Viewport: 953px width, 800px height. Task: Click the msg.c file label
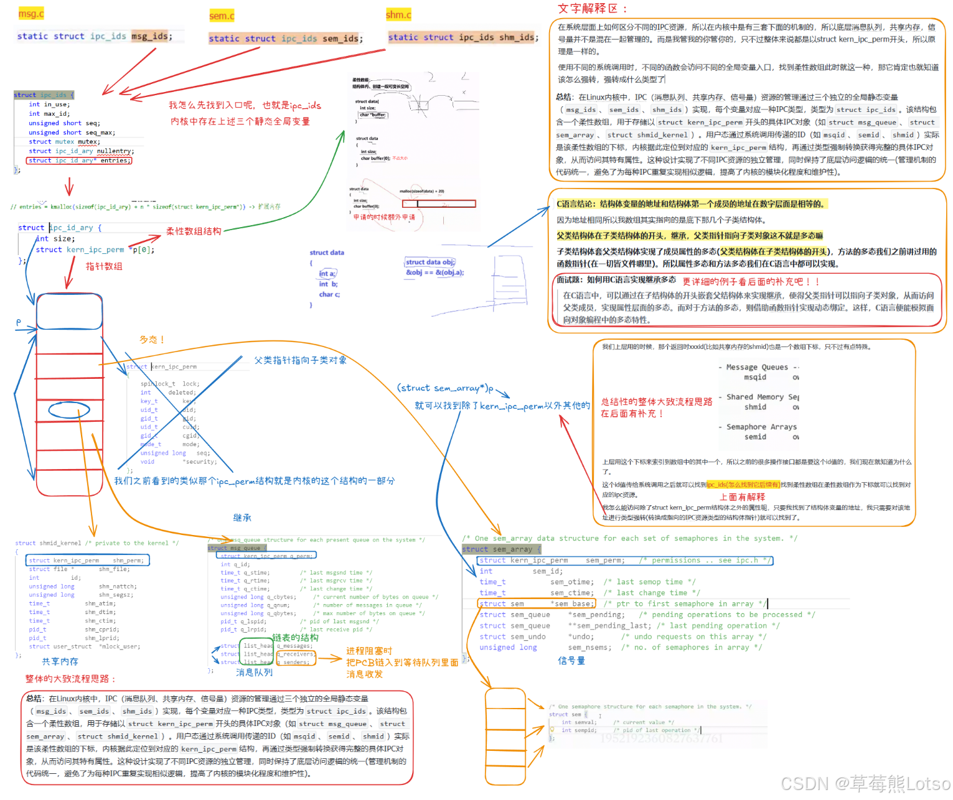(x=31, y=14)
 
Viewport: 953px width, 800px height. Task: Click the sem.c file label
(x=222, y=16)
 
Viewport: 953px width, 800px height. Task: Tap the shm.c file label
(x=398, y=15)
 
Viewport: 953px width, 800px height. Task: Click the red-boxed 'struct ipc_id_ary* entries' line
(x=79, y=160)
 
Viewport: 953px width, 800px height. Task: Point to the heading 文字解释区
(x=592, y=9)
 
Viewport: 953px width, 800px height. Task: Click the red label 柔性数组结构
(x=194, y=231)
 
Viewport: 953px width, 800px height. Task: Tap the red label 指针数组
(x=104, y=266)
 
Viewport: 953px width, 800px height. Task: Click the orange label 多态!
(x=152, y=340)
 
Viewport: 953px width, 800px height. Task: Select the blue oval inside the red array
(x=69, y=410)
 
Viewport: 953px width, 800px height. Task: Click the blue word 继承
(x=242, y=518)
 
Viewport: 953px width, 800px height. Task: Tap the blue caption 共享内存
(x=60, y=661)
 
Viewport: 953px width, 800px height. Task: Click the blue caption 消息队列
(x=254, y=672)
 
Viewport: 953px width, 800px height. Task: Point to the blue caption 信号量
(x=571, y=661)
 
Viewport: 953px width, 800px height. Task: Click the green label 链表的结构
(x=295, y=638)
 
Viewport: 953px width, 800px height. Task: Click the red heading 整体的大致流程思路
(x=70, y=679)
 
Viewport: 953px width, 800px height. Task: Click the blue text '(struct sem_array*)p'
(x=445, y=388)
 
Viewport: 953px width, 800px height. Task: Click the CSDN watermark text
(x=865, y=784)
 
